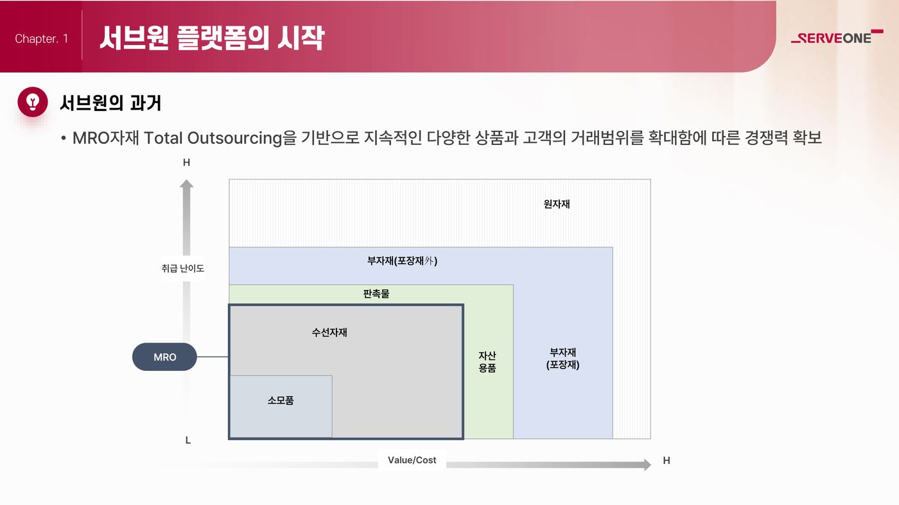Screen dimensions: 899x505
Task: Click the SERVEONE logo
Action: point(837,37)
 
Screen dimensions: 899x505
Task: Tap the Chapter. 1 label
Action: point(41,39)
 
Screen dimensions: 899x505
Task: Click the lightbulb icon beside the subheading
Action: point(33,102)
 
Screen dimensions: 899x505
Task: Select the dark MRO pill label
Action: point(164,357)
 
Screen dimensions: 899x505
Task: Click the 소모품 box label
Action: point(281,400)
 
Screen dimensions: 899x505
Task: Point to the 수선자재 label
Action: point(329,332)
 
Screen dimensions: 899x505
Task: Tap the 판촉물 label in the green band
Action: point(376,294)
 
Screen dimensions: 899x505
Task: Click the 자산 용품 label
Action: point(487,361)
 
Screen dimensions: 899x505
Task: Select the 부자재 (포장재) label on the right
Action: point(563,358)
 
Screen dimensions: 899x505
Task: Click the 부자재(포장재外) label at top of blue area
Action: point(402,261)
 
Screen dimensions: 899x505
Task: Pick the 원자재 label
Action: point(557,204)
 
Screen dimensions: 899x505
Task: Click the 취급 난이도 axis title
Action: point(182,268)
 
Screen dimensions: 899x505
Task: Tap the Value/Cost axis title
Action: point(412,460)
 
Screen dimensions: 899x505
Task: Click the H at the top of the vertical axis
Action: point(187,162)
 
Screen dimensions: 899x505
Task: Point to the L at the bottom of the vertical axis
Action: point(188,440)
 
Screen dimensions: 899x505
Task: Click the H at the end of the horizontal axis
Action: point(667,461)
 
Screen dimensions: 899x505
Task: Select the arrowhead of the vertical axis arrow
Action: point(187,184)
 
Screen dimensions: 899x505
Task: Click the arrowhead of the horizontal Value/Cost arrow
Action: point(647,465)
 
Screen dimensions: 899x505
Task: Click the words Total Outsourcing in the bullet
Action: point(213,138)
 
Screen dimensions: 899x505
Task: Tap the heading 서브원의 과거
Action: point(110,103)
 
